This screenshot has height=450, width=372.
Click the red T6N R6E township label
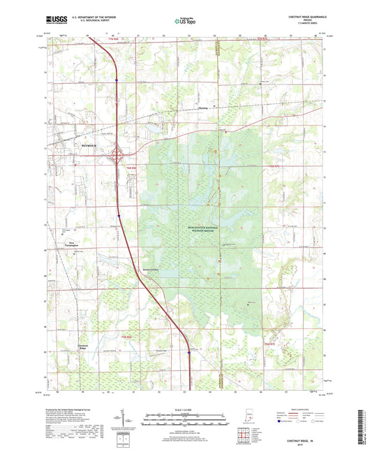[131, 168]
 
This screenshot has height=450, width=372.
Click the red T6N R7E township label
[274, 166]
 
